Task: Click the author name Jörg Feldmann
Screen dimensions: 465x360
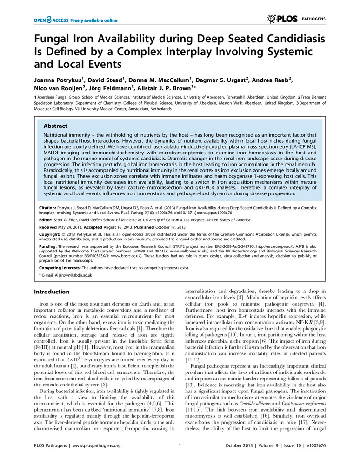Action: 103,89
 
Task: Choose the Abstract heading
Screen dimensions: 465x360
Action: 55,126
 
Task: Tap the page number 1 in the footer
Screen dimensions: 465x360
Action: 180,446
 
